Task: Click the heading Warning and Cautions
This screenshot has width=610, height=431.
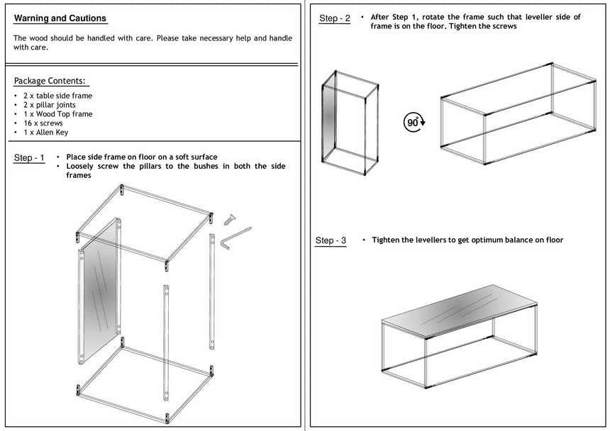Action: [60, 18]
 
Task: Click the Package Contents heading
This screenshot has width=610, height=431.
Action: [50, 81]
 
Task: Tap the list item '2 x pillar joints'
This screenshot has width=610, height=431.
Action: [49, 105]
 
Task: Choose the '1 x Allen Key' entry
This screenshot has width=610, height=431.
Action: [45, 133]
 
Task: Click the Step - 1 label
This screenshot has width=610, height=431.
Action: [29, 158]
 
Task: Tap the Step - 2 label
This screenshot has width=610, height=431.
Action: [334, 18]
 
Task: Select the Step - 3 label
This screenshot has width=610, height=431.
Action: [331, 241]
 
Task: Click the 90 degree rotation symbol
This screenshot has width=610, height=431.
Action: [414, 122]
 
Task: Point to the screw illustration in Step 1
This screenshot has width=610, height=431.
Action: [229, 216]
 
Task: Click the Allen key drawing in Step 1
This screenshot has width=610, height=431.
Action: [234, 237]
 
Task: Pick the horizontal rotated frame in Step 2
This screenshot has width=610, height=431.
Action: [518, 113]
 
